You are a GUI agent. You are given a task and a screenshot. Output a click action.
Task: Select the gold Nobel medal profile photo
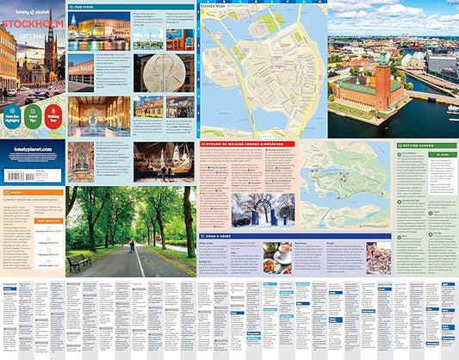(164, 73)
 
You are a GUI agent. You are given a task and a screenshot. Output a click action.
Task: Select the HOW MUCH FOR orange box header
(48, 220)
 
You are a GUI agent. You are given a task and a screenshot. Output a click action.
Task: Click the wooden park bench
(79, 261)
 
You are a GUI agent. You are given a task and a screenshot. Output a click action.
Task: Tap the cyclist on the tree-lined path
(131, 247)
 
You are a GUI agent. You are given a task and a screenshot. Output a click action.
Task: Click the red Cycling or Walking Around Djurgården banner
(246, 144)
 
